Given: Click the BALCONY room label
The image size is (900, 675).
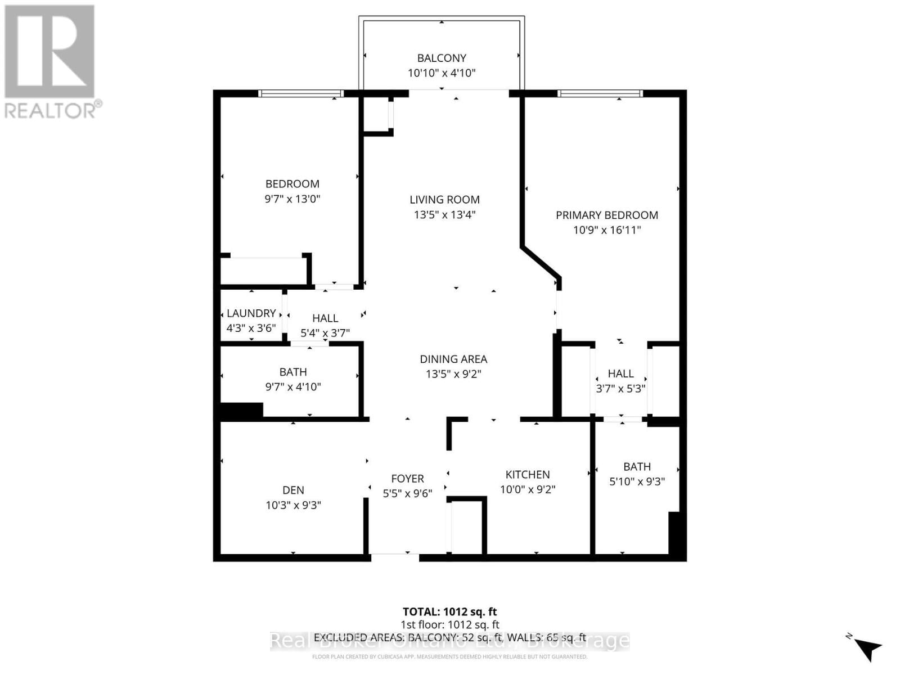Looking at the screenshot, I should (442, 58).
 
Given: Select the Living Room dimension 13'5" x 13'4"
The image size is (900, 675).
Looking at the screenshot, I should (444, 214).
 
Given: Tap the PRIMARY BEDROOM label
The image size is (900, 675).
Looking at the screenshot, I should (606, 215).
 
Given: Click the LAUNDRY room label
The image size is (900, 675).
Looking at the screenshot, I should (251, 313).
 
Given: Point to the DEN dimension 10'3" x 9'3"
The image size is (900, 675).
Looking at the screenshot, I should (293, 505).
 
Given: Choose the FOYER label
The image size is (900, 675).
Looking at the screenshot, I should (407, 479).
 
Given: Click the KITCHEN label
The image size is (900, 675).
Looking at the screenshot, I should (527, 474).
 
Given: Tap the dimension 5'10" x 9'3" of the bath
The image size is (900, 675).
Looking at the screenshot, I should (637, 481).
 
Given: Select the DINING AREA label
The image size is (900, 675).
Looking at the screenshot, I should (453, 359).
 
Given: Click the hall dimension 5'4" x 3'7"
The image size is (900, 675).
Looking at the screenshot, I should (325, 333).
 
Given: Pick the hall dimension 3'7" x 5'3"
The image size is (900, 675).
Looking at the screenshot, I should (620, 388).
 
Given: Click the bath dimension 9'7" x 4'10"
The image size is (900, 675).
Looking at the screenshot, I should (293, 386).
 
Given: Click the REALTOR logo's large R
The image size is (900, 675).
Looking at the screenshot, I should (49, 52).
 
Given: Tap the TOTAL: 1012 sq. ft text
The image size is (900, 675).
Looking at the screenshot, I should (449, 611).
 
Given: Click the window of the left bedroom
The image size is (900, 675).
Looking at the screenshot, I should (301, 93).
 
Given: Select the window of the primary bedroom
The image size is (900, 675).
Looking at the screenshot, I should (600, 93).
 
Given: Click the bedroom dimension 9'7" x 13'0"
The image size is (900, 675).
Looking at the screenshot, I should (292, 199).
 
